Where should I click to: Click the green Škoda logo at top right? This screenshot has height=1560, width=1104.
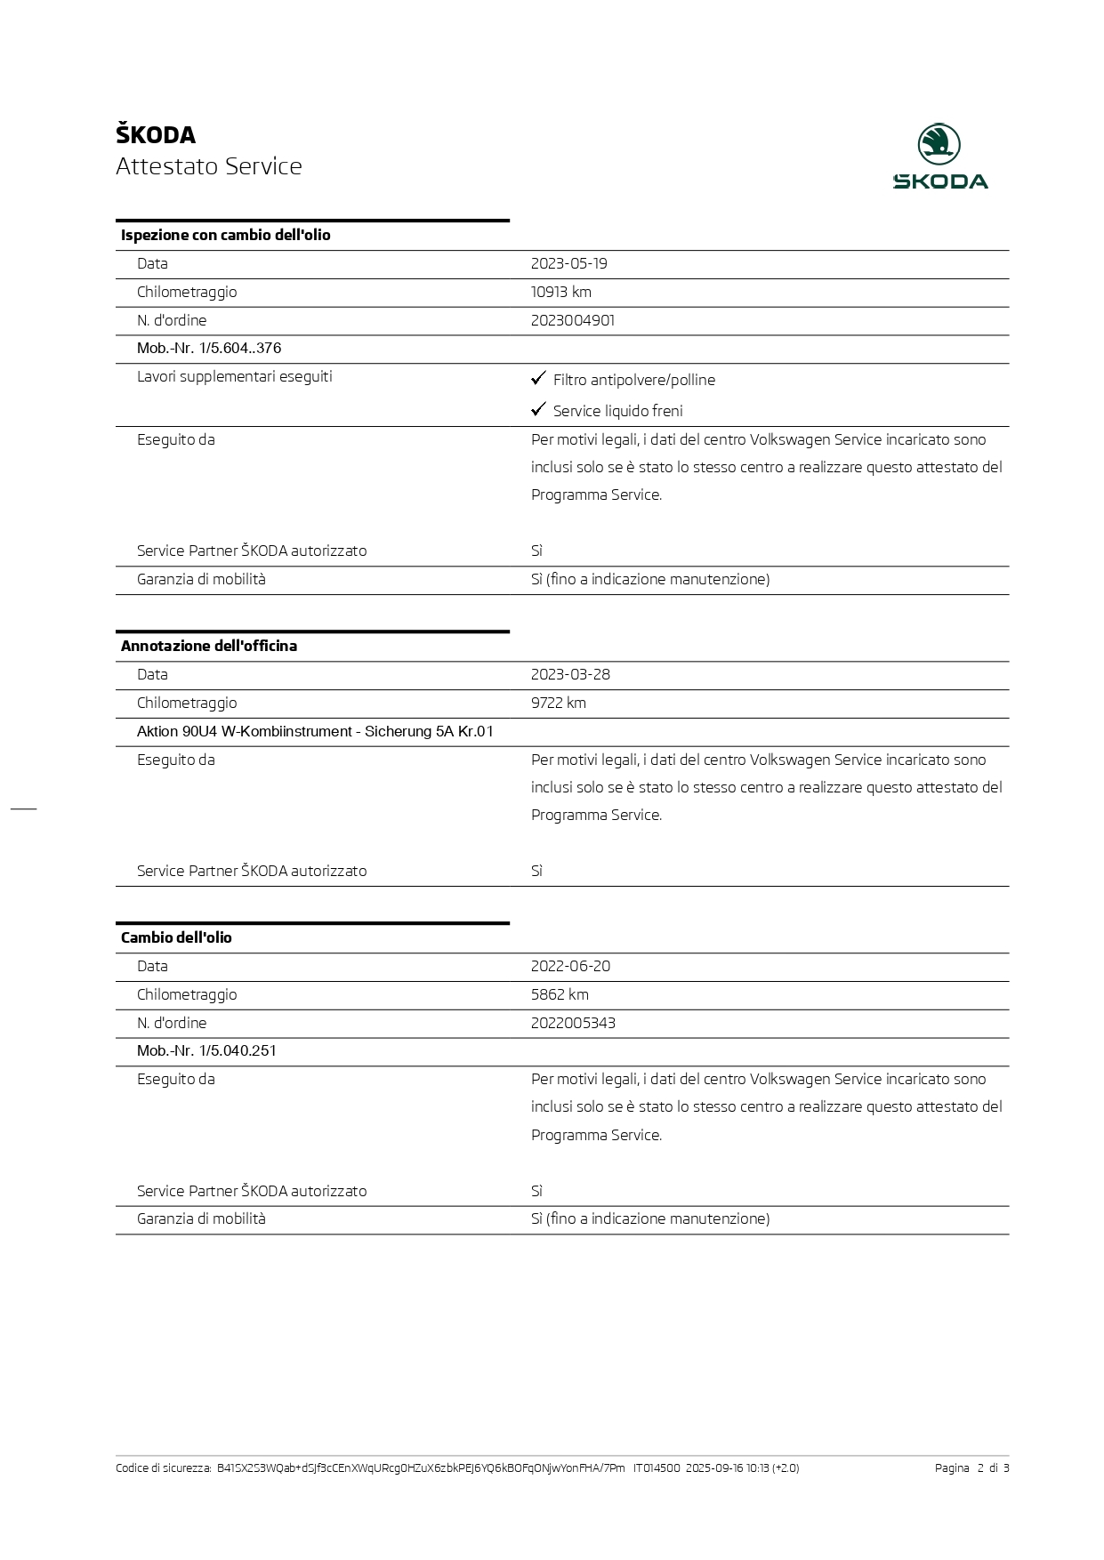tap(939, 157)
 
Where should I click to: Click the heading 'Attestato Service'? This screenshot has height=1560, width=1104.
tap(209, 166)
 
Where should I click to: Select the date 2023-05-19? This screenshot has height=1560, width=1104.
tap(568, 263)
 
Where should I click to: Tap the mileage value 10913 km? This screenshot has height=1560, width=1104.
tap(560, 292)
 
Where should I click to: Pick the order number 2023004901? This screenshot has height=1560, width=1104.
tap(572, 320)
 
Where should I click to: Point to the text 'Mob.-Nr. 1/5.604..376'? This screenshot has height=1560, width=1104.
tap(209, 348)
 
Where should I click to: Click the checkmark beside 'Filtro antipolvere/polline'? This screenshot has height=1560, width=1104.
tap(538, 379)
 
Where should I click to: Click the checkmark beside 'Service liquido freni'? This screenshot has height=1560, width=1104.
tap(538, 409)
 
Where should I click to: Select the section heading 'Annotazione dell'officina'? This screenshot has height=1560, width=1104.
tap(209, 646)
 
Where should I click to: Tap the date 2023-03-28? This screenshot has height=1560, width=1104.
tap(570, 674)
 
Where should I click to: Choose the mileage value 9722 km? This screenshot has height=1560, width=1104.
tap(558, 703)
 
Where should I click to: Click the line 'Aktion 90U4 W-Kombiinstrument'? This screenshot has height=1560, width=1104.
tap(315, 731)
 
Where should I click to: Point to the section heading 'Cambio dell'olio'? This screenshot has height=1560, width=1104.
tap(176, 937)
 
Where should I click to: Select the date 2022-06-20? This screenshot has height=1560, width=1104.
tap(570, 966)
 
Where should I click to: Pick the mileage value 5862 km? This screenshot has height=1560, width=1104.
tap(560, 994)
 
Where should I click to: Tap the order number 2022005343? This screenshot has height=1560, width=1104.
tap(573, 1023)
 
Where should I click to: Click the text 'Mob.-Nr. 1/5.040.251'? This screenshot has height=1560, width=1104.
tap(206, 1050)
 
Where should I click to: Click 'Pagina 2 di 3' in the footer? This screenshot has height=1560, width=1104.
tap(971, 1468)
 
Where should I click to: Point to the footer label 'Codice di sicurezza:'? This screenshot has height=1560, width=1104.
tap(164, 1468)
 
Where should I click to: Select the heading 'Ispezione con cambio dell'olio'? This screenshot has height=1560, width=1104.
tap(225, 235)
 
